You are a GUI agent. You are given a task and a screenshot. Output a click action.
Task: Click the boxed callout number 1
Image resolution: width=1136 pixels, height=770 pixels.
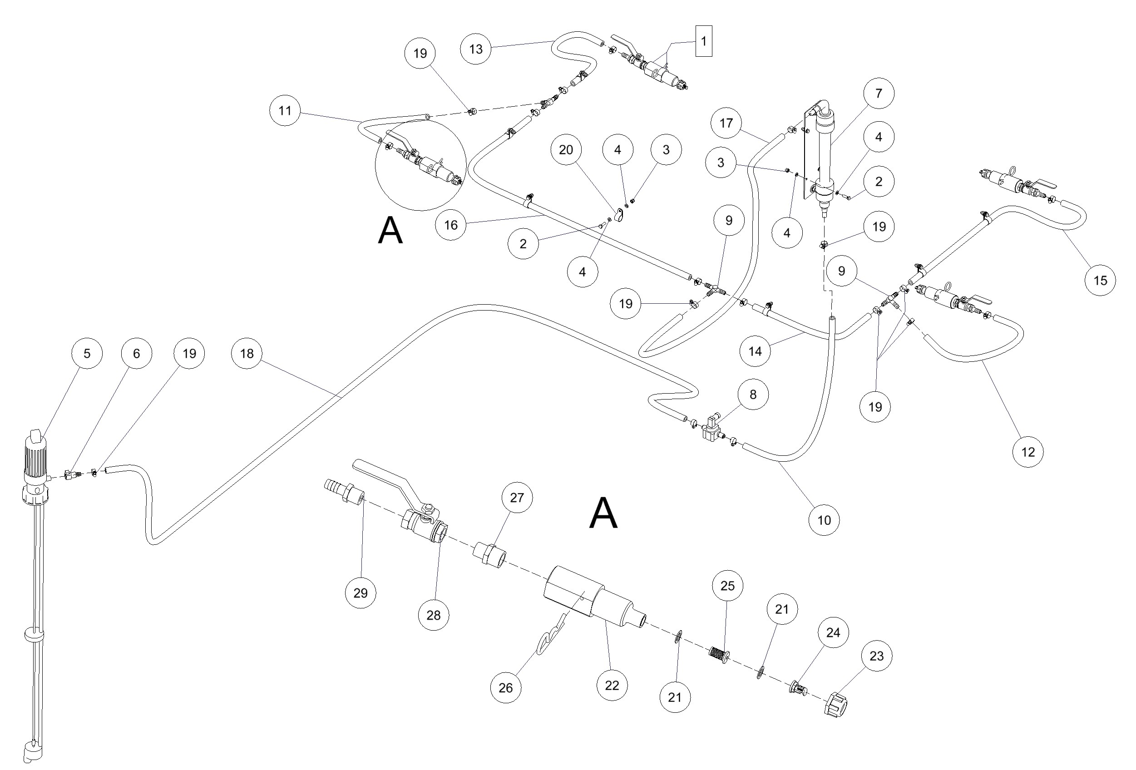pyautogui.click(x=703, y=41)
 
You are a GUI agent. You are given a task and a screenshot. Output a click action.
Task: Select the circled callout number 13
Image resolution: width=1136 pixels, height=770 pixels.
pyautogui.click(x=476, y=49)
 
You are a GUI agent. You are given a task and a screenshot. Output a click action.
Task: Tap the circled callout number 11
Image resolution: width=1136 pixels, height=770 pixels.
pyautogui.click(x=285, y=110)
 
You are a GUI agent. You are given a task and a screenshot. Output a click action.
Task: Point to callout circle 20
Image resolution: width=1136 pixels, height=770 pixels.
pyautogui.click(x=566, y=150)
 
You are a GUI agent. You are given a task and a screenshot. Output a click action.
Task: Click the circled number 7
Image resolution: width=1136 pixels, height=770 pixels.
pyautogui.click(x=879, y=93)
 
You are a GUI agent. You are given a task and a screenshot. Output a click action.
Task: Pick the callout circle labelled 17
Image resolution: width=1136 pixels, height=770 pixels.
pyautogui.click(x=726, y=123)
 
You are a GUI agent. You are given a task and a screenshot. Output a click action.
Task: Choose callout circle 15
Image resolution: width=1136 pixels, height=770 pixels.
pyautogui.click(x=1100, y=280)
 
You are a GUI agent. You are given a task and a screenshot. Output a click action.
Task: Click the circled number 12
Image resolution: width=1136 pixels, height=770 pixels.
pyautogui.click(x=1027, y=452)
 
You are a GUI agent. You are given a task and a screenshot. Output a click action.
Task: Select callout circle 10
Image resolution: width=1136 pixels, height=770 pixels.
pyautogui.click(x=824, y=520)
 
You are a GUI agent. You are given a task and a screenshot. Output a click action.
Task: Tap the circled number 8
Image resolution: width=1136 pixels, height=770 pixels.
pyautogui.click(x=753, y=395)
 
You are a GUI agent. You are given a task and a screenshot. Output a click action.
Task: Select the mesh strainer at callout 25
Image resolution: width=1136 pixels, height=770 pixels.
pyautogui.click(x=719, y=654)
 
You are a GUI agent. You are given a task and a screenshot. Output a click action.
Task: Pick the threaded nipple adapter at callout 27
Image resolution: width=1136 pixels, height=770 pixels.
pyautogui.click(x=489, y=554)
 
